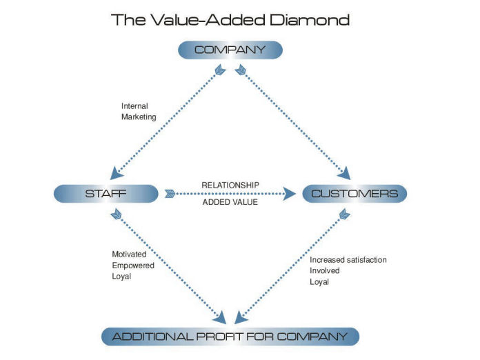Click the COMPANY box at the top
[230, 50]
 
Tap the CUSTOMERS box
[354, 194]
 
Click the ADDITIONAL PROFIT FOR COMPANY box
[230, 337]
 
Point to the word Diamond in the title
[310, 19]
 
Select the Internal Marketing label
[139, 112]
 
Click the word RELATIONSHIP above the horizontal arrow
[231, 185]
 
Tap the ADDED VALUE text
[231, 203]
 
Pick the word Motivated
[129, 254]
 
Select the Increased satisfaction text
[348, 260]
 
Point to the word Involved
[326, 271]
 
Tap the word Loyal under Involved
[319, 282]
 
